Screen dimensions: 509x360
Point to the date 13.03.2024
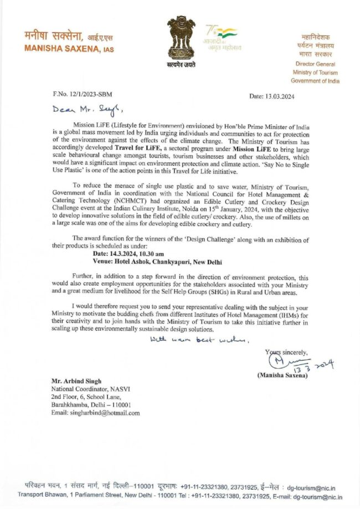coord(271,96)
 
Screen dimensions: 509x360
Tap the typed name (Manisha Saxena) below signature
coord(282,376)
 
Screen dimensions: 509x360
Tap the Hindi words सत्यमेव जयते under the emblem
coord(181,65)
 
